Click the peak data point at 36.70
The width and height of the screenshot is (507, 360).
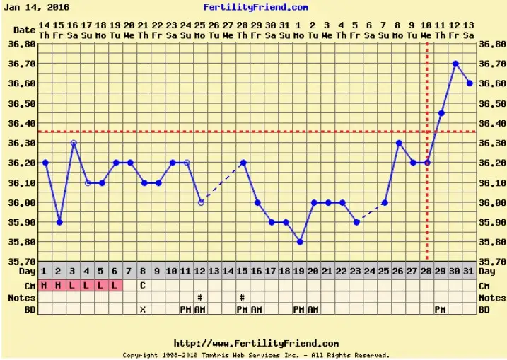coord(455,64)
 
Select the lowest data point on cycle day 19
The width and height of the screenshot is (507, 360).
coord(300,242)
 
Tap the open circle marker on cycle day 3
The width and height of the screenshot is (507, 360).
coord(74,143)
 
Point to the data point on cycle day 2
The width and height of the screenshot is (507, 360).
coord(59,222)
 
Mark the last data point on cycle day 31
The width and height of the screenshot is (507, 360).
coord(470,83)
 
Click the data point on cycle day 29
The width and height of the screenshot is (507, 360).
coord(441,113)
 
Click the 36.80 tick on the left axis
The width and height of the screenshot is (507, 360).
coord(24,44)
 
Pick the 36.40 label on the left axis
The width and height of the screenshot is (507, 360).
coord(24,123)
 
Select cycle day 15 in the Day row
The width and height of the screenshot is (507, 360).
coord(242,272)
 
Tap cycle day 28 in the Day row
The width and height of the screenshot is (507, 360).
coord(426,272)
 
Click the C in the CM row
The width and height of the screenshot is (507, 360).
coord(143,285)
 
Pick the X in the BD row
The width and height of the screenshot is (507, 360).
coord(143,309)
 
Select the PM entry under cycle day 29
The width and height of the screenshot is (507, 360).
coord(441,309)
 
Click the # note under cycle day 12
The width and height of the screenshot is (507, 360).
coord(200,297)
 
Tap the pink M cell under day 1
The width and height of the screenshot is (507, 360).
coord(45,285)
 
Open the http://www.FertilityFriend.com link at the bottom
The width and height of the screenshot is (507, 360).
coord(255,343)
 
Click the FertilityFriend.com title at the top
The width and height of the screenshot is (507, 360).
coord(255,8)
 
